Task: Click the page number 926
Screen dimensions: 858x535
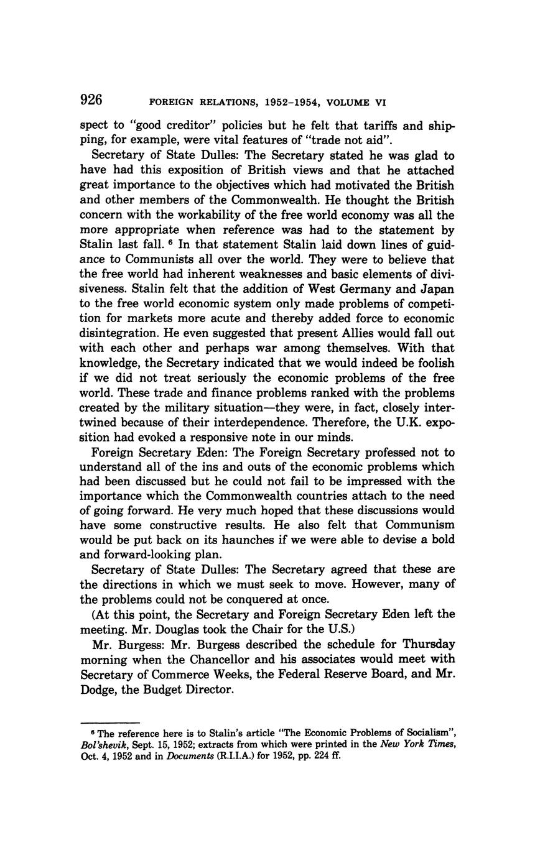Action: (x=91, y=99)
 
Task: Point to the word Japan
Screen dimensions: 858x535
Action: (x=434, y=289)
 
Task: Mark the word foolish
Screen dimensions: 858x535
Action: (x=432, y=363)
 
